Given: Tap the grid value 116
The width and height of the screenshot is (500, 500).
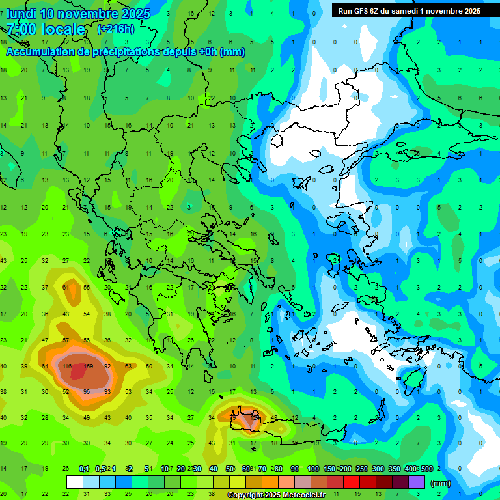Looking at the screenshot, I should [x=66, y=367].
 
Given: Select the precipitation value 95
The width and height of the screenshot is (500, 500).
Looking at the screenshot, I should [x=87, y=392].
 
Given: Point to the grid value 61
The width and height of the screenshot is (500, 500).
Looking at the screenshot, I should [x=66, y=287].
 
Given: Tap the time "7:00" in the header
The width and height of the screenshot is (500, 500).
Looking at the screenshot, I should [x=20, y=29].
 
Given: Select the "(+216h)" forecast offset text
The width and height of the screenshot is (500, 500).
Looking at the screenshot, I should [x=115, y=29].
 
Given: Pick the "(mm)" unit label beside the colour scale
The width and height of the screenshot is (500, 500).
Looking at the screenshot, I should [x=441, y=483].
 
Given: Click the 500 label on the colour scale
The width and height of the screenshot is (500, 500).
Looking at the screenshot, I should [x=426, y=469].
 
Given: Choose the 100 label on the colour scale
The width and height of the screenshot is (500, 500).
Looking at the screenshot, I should [x=313, y=469].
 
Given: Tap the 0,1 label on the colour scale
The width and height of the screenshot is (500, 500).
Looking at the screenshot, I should [x=84, y=469].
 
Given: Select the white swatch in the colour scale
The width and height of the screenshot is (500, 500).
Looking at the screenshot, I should [x=75, y=482].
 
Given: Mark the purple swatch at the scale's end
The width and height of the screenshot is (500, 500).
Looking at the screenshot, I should [x=417, y=482].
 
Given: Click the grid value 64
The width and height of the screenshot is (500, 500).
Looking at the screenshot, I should [x=45, y=367].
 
